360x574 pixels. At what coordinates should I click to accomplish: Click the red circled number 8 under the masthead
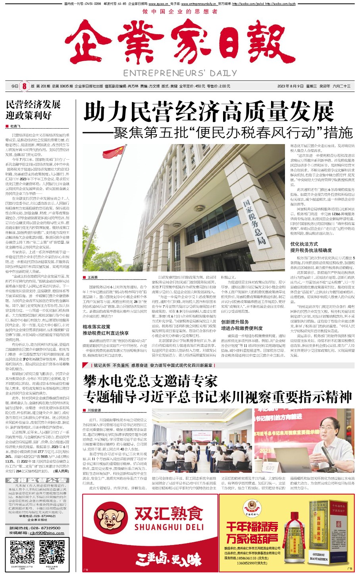[24, 86]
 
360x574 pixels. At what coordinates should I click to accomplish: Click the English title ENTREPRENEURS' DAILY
[180, 73]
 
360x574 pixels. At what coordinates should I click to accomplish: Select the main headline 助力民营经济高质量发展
[209, 112]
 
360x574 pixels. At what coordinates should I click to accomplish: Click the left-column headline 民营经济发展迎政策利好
[33, 110]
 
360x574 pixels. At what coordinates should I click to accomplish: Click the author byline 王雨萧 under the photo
[92, 277]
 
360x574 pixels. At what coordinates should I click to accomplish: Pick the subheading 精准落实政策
[96, 327]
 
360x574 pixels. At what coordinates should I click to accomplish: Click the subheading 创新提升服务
[235, 322]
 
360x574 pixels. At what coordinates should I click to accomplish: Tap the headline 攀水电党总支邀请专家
[150, 381]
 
